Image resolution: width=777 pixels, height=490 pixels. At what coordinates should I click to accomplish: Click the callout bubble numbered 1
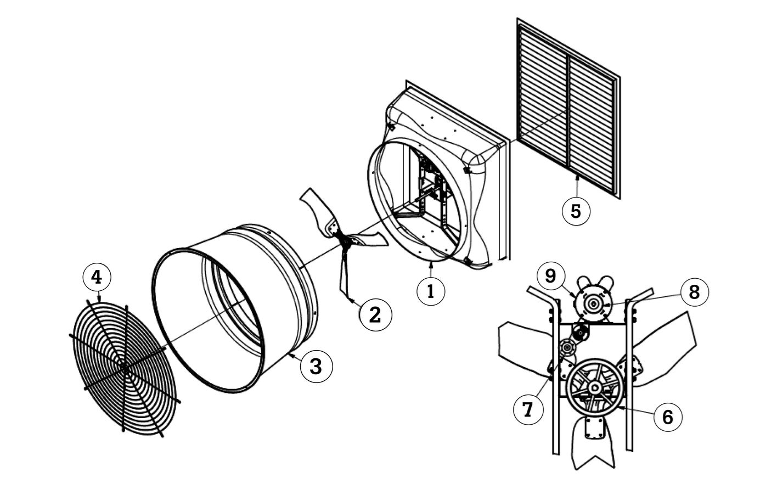[431, 291]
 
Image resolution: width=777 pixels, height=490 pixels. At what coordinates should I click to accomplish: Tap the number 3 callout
[317, 366]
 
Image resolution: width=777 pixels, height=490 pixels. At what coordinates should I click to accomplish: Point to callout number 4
[97, 278]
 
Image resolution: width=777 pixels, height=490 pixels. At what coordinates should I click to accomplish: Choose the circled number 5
[576, 211]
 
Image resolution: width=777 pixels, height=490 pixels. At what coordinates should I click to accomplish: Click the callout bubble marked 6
[667, 416]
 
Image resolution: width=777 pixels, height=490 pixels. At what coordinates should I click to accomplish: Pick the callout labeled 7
[527, 410]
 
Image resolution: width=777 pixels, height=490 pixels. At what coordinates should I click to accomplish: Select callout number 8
[694, 292]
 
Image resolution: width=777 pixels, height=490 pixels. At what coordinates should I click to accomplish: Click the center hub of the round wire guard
[125, 368]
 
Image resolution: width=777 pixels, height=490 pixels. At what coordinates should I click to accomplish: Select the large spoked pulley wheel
[594, 387]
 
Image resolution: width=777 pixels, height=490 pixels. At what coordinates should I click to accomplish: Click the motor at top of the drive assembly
[594, 303]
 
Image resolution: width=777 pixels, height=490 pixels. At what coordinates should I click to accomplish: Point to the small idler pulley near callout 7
[566, 348]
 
